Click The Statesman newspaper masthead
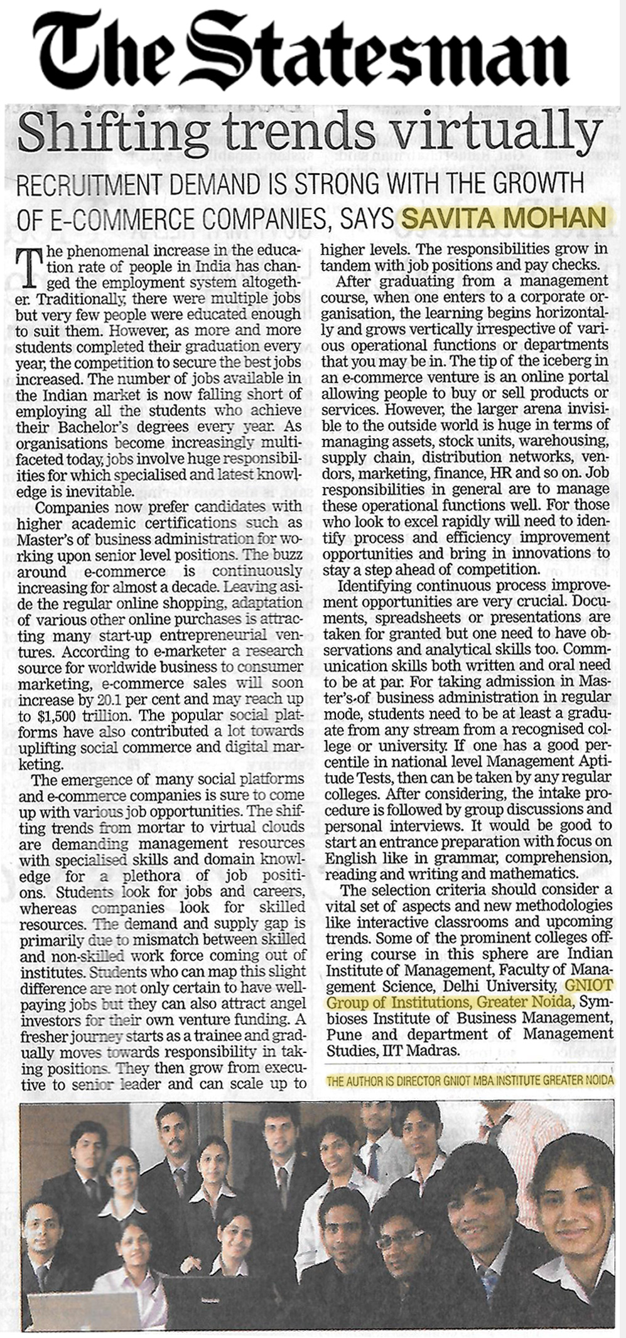[x=301, y=50]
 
